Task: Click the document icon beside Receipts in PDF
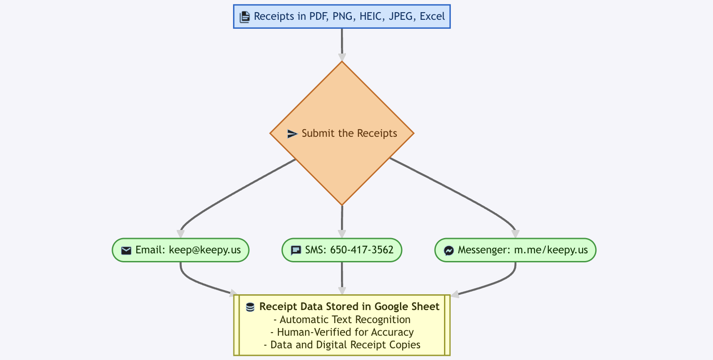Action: tap(244, 17)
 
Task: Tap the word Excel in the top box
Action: tap(432, 17)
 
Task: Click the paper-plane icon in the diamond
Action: tap(292, 134)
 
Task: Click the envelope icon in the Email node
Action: tap(126, 250)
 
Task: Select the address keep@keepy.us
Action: tap(205, 250)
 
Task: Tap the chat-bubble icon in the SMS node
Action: tap(296, 250)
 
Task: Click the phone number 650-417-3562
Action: tap(362, 250)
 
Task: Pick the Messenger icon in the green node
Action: tap(448, 250)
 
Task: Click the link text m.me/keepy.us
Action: tap(551, 250)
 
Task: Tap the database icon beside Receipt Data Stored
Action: tap(250, 307)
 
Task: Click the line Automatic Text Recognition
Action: tap(342, 319)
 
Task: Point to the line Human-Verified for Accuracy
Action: tap(342, 332)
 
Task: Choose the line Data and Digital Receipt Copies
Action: tap(342, 345)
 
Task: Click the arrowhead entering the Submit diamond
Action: tap(342, 57)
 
